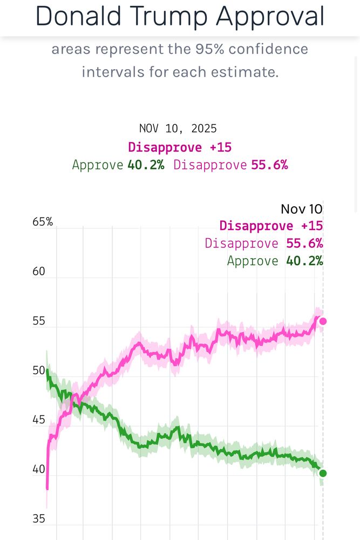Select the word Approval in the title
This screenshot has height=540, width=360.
click(x=270, y=17)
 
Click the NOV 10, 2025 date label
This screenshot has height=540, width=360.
click(x=178, y=129)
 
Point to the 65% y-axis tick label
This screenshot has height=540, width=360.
click(x=43, y=222)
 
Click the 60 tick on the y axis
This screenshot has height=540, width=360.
click(x=39, y=271)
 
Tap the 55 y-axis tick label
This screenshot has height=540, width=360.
click(x=39, y=321)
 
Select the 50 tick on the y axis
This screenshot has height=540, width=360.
click(x=39, y=370)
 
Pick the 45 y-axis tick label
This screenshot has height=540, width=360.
click(x=39, y=420)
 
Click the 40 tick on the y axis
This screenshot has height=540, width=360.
click(x=39, y=469)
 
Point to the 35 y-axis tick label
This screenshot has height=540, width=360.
click(x=39, y=519)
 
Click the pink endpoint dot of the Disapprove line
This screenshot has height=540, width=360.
click(x=323, y=321)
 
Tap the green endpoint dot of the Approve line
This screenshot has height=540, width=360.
click(x=323, y=474)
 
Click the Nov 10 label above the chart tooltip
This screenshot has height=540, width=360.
click(x=301, y=210)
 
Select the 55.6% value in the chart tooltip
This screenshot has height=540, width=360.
click(x=304, y=244)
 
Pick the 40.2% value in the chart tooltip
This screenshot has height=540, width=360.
click(x=304, y=261)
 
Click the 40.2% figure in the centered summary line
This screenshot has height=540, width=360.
click(x=146, y=165)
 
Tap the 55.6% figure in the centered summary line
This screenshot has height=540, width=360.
click(x=269, y=165)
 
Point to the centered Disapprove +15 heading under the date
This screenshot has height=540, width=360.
click(x=180, y=147)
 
